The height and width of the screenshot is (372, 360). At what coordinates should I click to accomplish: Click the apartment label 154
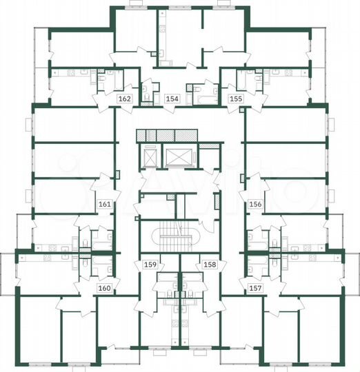tap(173, 99)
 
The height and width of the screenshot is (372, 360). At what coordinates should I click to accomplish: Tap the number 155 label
tap(235, 99)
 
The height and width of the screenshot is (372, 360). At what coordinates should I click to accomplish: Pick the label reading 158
tap(210, 265)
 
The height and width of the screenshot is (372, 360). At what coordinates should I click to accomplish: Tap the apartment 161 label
tap(105, 205)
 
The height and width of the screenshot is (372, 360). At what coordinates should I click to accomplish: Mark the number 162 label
tap(125, 99)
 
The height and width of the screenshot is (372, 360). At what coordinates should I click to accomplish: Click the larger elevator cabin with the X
tap(178, 158)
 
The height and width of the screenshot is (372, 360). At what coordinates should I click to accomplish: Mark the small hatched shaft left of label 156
tap(241, 178)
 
